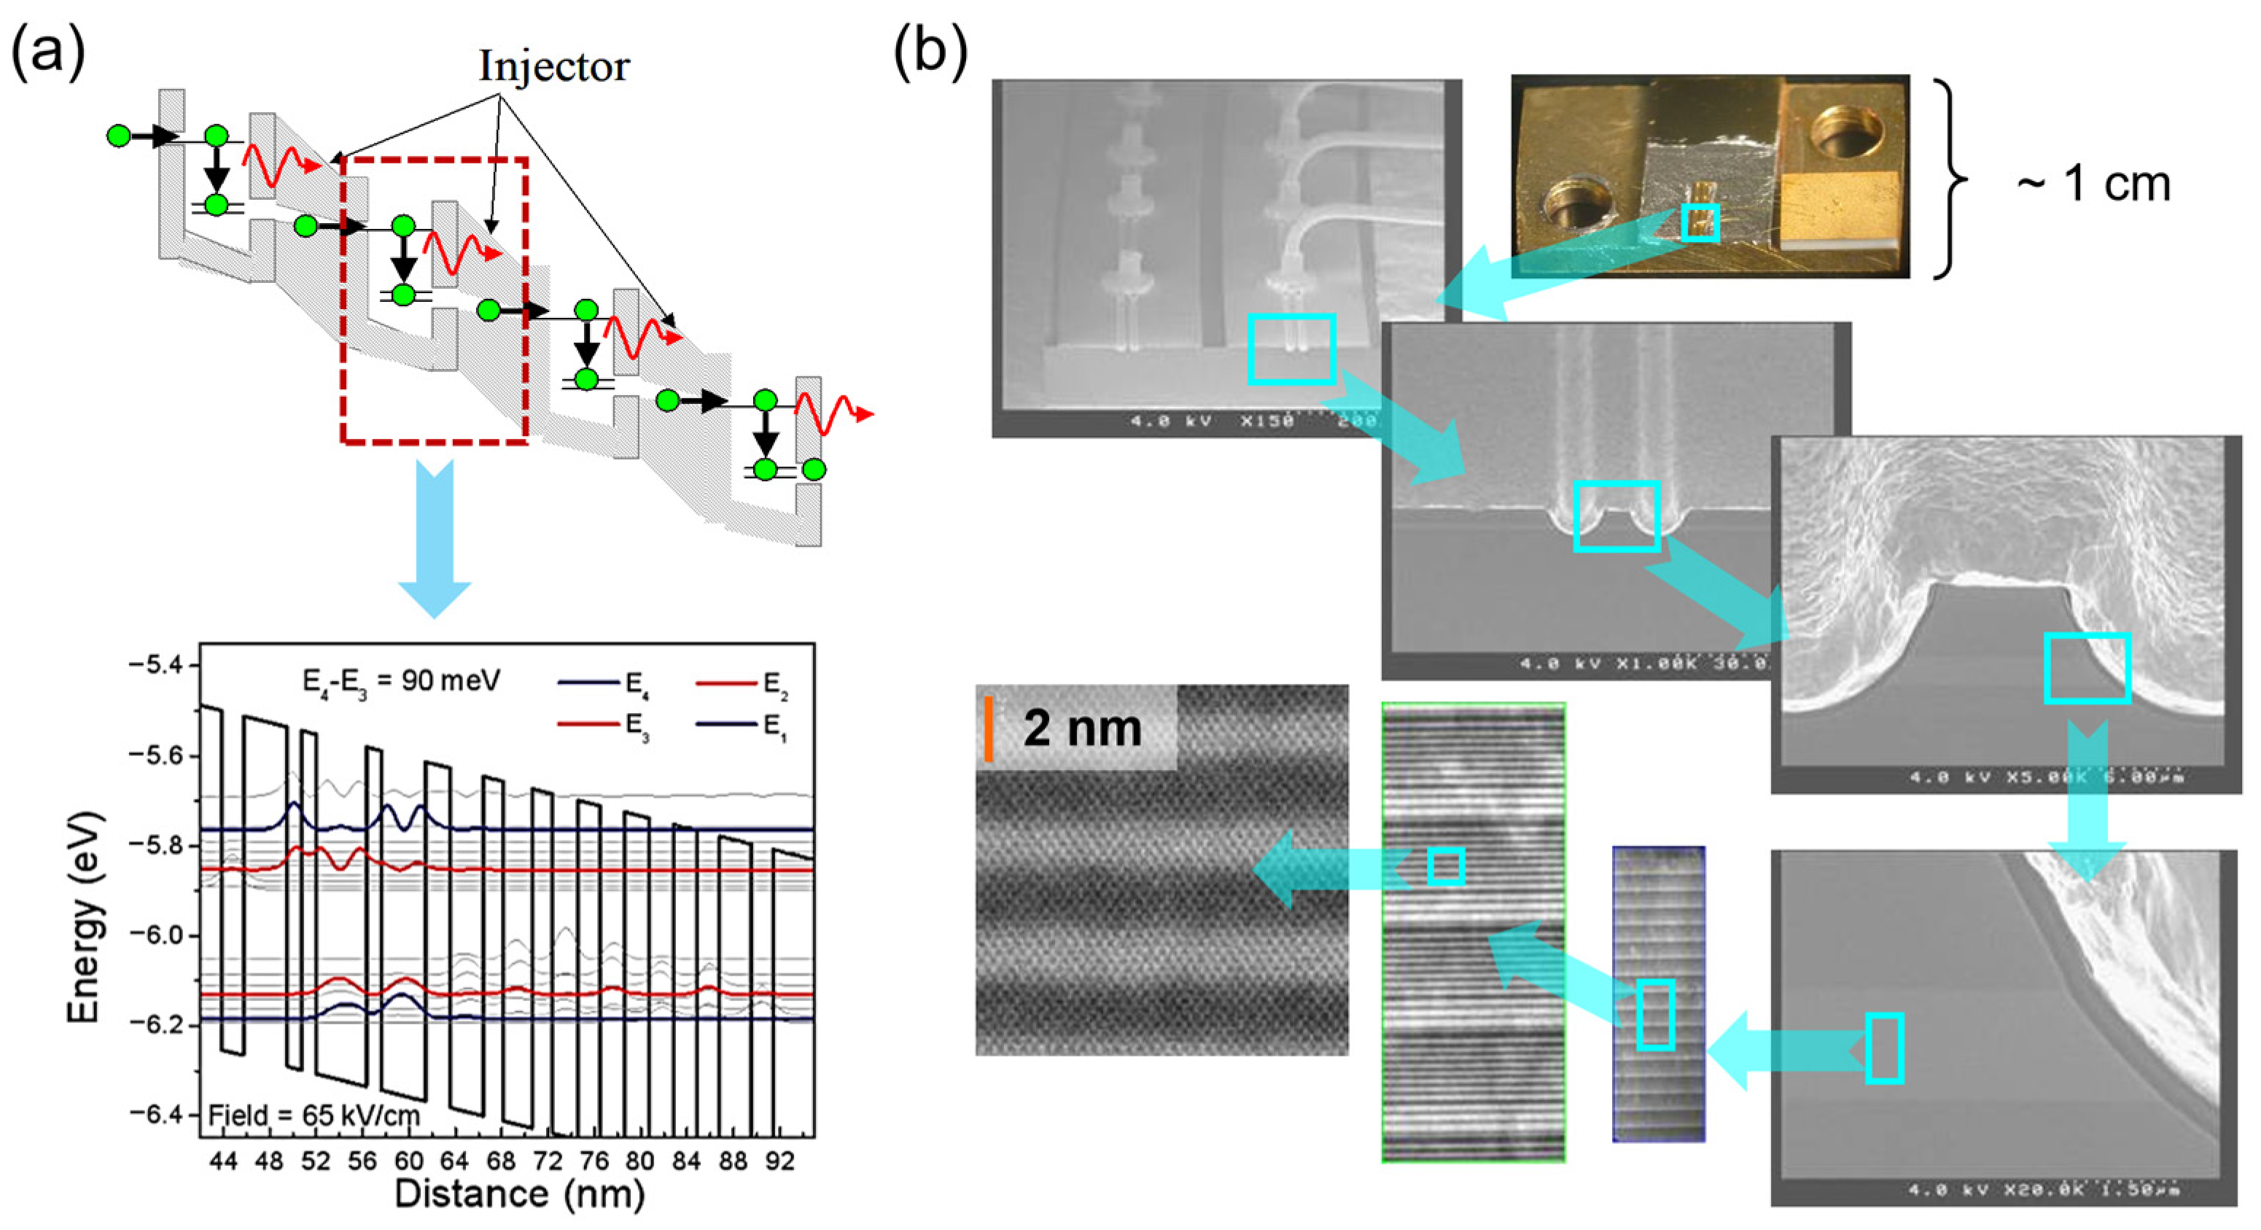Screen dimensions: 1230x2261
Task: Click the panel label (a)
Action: tap(48, 51)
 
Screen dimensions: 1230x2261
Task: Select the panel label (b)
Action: tap(930, 51)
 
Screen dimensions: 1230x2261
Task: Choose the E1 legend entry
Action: tap(742, 726)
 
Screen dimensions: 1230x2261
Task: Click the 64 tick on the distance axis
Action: tap(455, 1161)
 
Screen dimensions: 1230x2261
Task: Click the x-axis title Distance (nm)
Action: tap(520, 1195)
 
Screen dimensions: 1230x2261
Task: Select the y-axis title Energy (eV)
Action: tap(85, 917)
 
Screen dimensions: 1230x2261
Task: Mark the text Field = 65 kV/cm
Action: tap(314, 1116)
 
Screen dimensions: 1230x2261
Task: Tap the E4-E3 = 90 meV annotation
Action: tap(401, 681)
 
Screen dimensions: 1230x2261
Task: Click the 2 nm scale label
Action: tap(1082, 728)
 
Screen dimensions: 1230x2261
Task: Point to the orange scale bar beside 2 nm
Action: tap(988, 728)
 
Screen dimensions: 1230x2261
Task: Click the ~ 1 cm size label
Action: tap(2093, 184)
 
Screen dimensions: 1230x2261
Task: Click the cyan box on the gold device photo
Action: tap(1700, 222)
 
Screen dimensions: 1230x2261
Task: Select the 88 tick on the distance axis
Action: tap(733, 1161)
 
